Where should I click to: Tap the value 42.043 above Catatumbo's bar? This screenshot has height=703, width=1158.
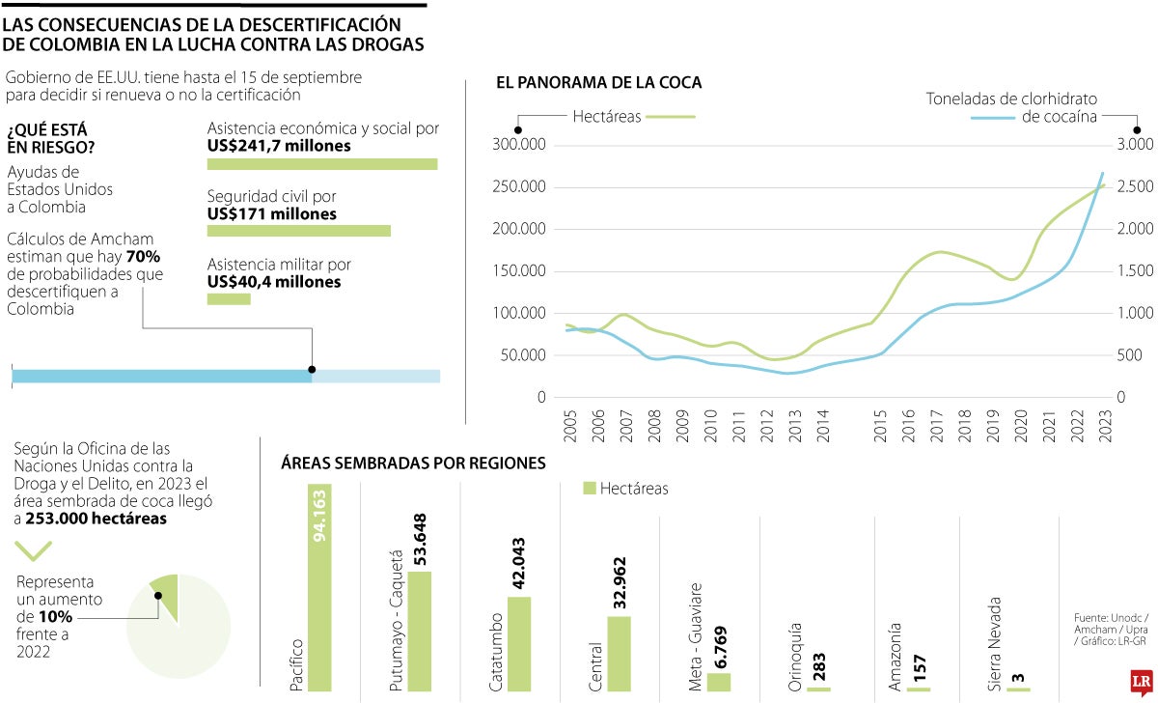click(x=519, y=564)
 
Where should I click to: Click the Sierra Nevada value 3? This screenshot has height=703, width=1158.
click(x=1018, y=679)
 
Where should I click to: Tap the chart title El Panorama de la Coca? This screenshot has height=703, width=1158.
click(x=598, y=83)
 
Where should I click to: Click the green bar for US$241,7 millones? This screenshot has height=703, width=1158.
click(x=322, y=164)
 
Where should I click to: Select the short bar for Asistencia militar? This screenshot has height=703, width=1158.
click(x=229, y=299)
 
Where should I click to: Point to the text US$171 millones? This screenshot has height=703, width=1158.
click(x=272, y=213)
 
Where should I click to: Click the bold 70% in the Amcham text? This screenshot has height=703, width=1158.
click(x=143, y=257)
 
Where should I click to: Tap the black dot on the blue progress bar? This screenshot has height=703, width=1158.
click(x=312, y=369)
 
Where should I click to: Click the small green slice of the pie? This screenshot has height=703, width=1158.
click(x=165, y=585)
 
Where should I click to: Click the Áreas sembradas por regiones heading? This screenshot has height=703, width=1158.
click(x=413, y=464)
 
